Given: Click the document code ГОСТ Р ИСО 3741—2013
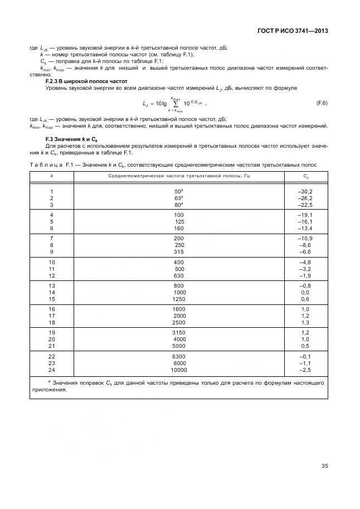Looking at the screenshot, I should [293, 31].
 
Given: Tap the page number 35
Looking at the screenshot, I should [324, 466].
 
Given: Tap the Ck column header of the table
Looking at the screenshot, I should [305, 176].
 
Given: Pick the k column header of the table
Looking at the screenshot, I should [52, 176].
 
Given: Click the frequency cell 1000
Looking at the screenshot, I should [179, 292].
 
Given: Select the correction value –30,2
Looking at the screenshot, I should [305, 191].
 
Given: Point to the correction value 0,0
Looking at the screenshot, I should [305, 292].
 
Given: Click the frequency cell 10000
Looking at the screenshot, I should [179, 370].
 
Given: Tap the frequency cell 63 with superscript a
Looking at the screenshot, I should [179, 198].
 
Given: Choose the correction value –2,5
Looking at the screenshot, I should [305, 370].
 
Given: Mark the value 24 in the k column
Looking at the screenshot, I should [52, 370].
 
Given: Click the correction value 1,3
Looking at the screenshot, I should [305, 322].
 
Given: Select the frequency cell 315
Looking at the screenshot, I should [179, 251].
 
